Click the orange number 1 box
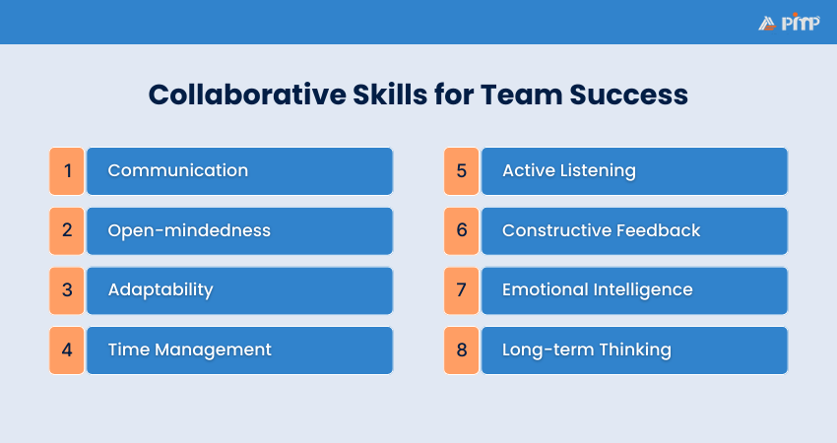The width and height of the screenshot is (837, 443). click(x=67, y=171)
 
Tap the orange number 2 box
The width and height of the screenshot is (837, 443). click(x=67, y=231)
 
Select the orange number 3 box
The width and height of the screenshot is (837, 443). click(x=67, y=290)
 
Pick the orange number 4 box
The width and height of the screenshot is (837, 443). click(x=67, y=350)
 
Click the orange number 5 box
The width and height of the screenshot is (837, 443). click(x=461, y=171)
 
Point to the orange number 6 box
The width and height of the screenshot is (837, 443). click(x=461, y=231)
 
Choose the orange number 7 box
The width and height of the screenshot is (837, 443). click(x=461, y=290)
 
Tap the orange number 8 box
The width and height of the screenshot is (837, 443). click(x=461, y=350)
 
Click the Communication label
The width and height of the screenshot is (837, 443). click(x=177, y=170)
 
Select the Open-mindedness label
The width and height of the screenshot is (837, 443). click(x=189, y=230)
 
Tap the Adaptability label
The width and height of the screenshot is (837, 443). click(x=160, y=289)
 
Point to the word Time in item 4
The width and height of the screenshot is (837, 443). click(x=126, y=349)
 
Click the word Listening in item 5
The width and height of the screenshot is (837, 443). click(x=600, y=170)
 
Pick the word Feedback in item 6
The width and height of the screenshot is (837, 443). click(x=658, y=230)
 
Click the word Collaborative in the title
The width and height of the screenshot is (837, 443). click(x=235, y=95)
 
